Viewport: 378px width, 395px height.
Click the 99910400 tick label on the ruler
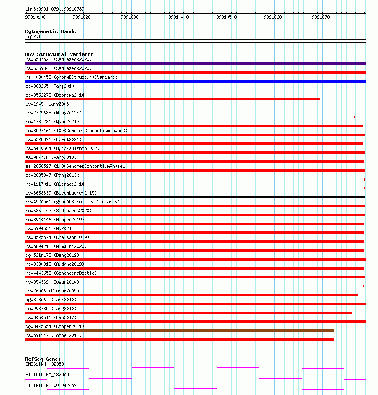click(178, 17)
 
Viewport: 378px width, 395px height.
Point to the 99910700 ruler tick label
click(322, 17)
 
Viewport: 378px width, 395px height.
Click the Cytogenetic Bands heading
click(51, 31)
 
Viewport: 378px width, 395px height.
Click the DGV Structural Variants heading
click(59, 54)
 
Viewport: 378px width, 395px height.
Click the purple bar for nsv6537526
click(195, 64)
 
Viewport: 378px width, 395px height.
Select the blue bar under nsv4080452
click(195, 81)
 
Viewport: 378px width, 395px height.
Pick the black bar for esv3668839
click(195, 197)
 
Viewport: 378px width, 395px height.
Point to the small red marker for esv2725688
click(354, 117)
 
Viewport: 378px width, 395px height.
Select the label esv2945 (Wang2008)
click(48, 104)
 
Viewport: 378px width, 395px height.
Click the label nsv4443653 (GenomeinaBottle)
click(61, 273)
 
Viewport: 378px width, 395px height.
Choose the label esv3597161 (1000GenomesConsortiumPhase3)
click(76, 131)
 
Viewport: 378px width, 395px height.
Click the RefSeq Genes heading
click(43, 359)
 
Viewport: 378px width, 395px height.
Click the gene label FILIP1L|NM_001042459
click(51, 385)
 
